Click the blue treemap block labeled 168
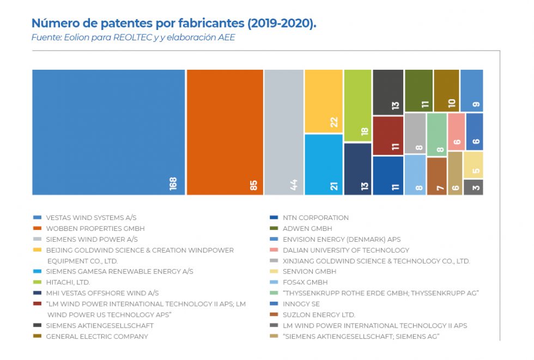108,132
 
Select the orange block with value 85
224,132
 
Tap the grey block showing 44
283,132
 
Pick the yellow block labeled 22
323,101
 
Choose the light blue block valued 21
323,164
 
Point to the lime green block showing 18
357,106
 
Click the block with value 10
446,90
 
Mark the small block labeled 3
473,187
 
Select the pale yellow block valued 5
473,165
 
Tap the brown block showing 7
436,176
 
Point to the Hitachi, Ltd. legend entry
68,282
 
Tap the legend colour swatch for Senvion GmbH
274,271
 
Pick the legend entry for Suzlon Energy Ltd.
319,314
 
